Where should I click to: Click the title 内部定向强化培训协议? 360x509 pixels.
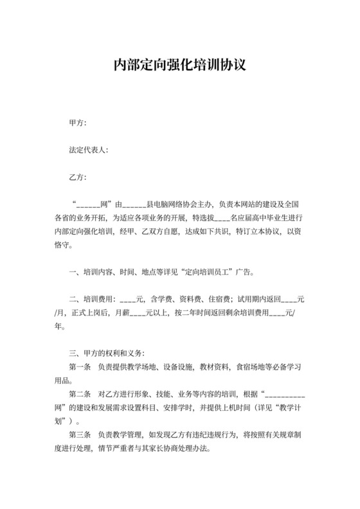click(x=180, y=65)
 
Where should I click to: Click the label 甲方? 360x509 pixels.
click(x=78, y=123)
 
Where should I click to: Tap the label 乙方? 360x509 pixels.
click(x=78, y=177)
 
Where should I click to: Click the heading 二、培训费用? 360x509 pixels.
click(x=91, y=299)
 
